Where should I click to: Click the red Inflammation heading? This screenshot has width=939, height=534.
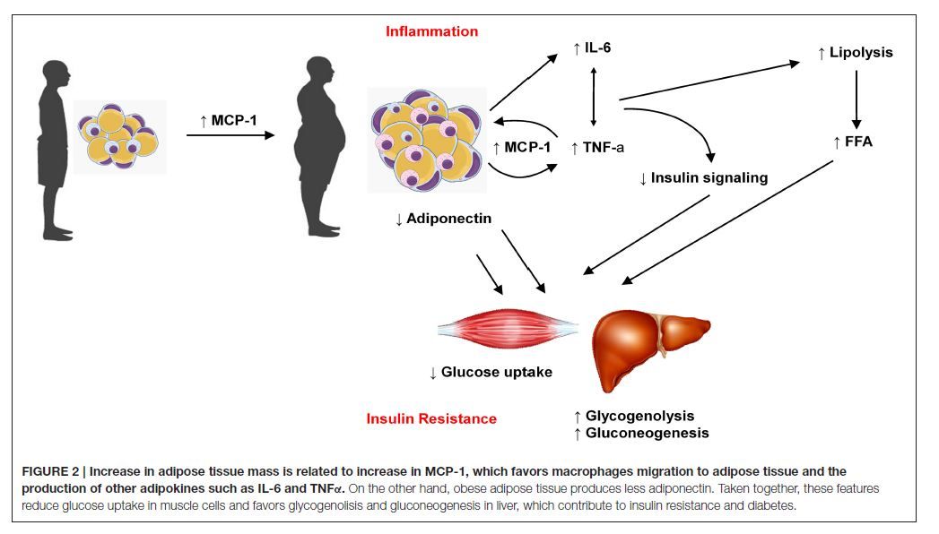coord(431,31)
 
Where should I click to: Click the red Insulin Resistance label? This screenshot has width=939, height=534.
coord(431,418)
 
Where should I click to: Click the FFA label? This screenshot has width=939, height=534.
coord(858,142)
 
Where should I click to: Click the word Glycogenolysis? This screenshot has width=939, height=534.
coord(639,417)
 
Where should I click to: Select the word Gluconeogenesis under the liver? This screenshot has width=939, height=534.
coord(647,433)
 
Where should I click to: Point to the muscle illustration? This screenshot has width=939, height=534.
coord(508,329)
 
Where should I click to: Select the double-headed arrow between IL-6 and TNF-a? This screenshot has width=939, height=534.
coord(592,97)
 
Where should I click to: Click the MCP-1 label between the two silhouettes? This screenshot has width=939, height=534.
coord(229,117)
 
